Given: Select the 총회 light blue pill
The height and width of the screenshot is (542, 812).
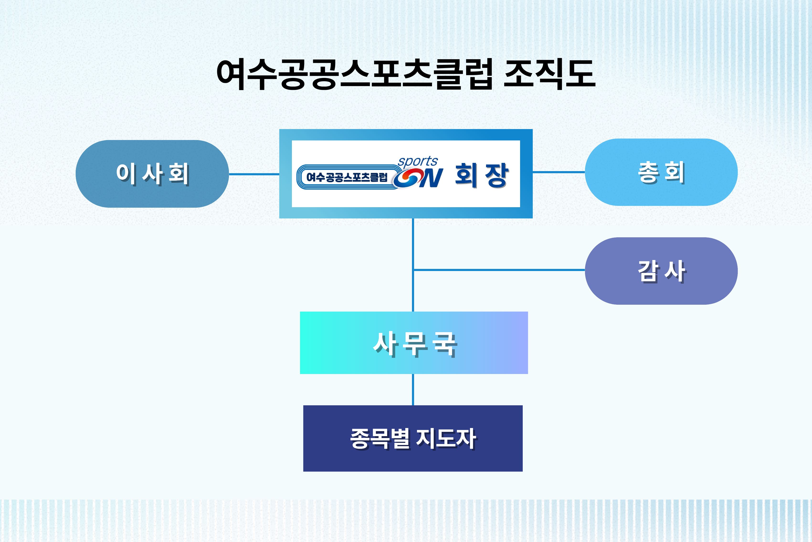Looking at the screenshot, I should point(661,172).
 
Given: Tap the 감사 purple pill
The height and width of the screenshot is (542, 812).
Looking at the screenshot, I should point(661,271).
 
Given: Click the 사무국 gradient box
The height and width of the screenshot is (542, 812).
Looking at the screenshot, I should point(414,343).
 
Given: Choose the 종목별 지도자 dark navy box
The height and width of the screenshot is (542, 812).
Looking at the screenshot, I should point(413,438).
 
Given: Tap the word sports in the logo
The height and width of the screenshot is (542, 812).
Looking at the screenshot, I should point(418,161).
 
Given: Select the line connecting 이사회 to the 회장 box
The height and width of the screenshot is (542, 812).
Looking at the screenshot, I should point(254,174).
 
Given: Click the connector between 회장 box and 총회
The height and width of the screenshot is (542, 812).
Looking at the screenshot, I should point(559,172).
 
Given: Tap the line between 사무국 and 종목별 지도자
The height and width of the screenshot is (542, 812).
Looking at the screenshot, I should point(413,390).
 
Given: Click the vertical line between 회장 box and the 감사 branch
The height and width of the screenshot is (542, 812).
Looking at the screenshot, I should point(413,244).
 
